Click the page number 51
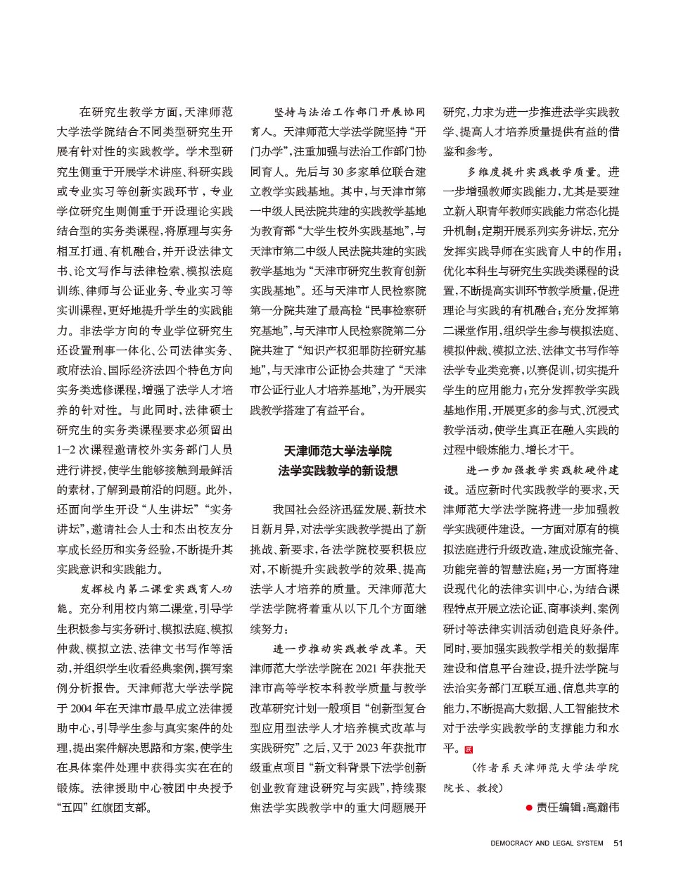click(618, 843)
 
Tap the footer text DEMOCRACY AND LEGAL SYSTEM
click(547, 843)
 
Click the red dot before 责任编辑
click(529, 808)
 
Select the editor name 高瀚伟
click(602, 808)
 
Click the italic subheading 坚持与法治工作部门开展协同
click(349, 113)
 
